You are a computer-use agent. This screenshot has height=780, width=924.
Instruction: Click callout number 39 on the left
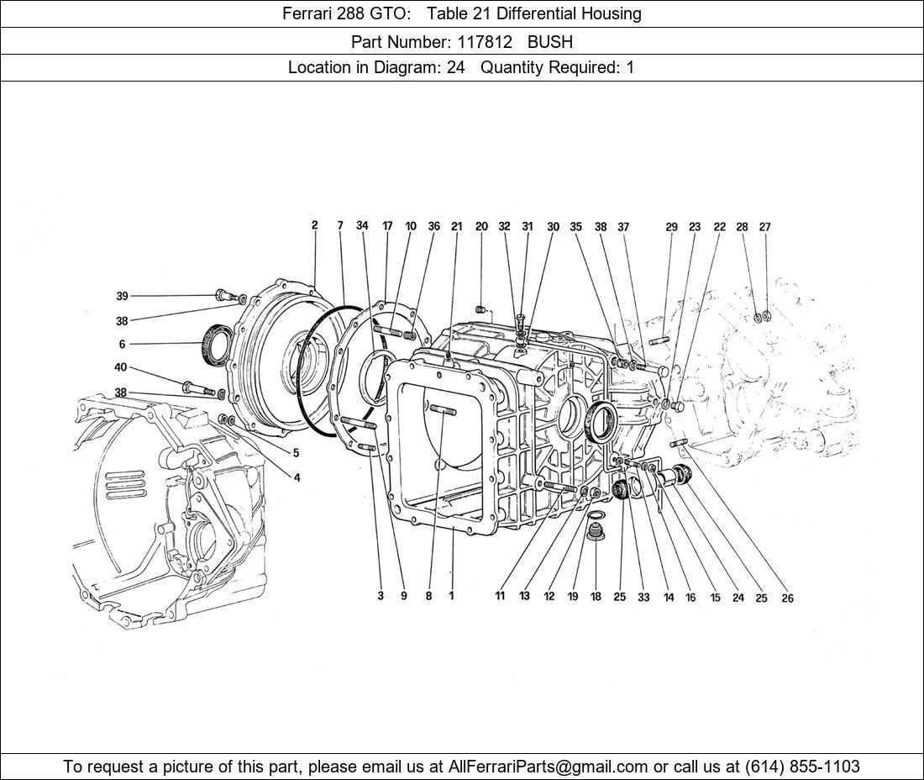pos(122,296)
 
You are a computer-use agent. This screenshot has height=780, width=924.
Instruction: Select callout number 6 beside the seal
pos(122,344)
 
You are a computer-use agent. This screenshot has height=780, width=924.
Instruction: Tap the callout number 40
pos(122,367)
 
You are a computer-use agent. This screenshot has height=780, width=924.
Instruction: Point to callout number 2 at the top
pos(314,225)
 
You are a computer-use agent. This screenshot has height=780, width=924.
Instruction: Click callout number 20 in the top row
pos(481,226)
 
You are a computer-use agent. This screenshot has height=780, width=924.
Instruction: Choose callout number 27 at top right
pos(764,226)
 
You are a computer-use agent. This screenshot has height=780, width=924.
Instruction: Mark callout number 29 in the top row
pos(671,227)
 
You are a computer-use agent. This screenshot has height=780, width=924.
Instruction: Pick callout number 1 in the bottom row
pos(451,596)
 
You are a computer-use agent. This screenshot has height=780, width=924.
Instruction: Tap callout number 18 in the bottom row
pos(596,597)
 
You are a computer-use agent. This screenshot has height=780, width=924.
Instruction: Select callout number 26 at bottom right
pos(786,598)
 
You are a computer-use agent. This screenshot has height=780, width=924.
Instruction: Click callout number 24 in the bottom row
pos(738,598)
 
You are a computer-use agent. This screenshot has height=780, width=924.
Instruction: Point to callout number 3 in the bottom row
pos(381,596)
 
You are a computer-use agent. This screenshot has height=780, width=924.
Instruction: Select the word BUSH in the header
pos(549,40)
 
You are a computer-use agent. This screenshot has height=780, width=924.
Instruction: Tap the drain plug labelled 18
pos(596,531)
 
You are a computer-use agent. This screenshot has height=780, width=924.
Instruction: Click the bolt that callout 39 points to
pos(225,295)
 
